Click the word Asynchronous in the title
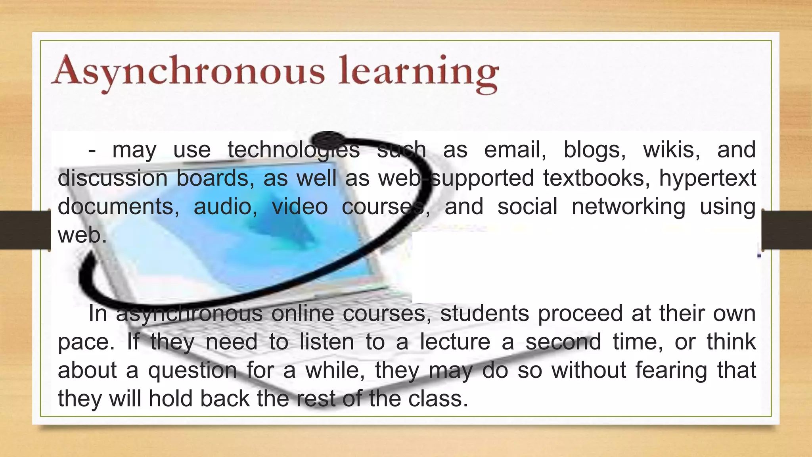coord(188,71)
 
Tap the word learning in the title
coord(418,71)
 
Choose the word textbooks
coord(596,178)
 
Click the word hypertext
coord(707,178)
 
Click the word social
coord(527,206)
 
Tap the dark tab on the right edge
coord(787,230)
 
